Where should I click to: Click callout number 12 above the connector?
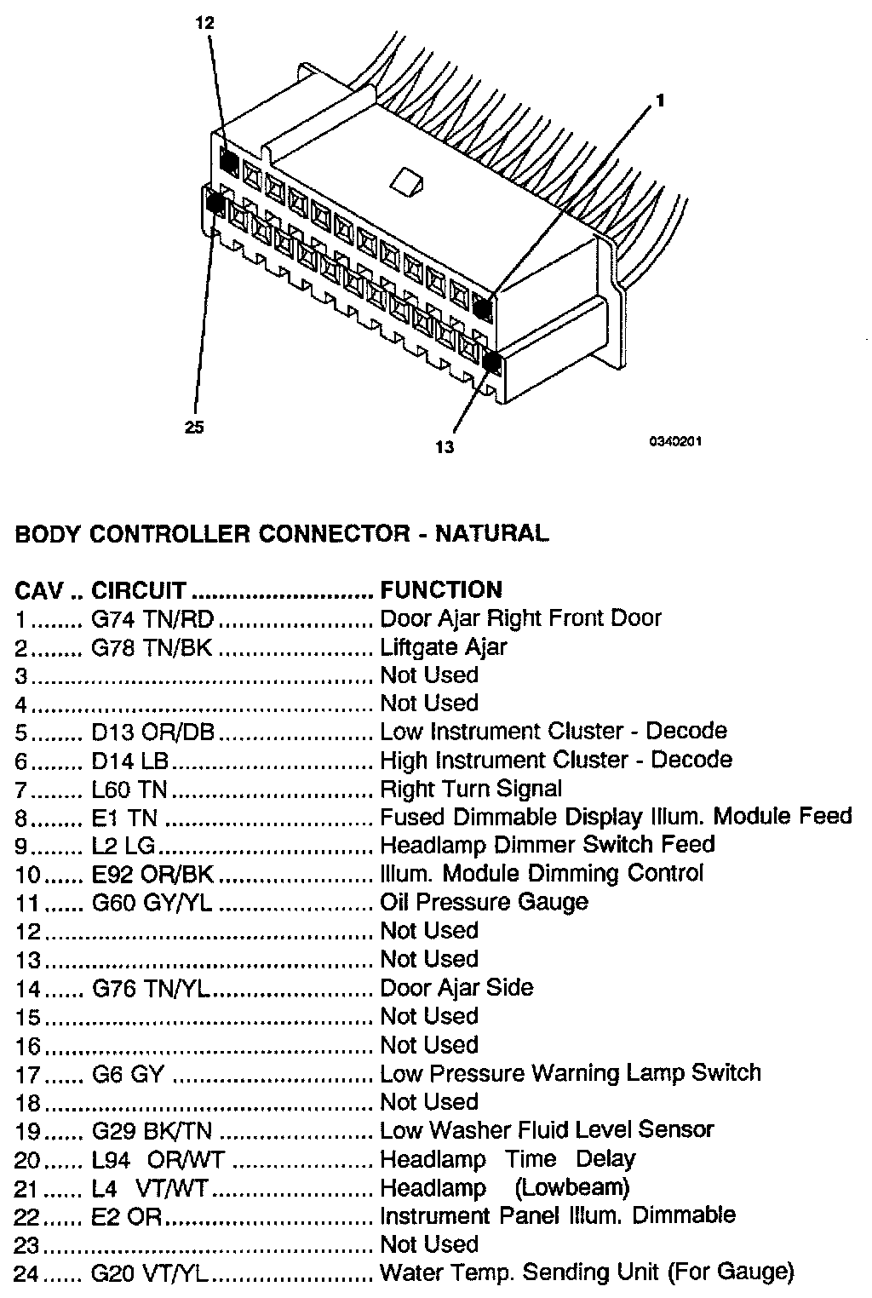(205, 24)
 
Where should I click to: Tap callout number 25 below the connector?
(194, 428)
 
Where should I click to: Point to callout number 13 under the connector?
(445, 446)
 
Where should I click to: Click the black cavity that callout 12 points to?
(229, 158)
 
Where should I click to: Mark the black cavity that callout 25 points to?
(215, 203)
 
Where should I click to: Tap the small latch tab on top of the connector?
(407, 179)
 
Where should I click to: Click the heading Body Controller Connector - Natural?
(282, 534)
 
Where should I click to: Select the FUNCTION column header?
(441, 589)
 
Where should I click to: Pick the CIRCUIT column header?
(138, 589)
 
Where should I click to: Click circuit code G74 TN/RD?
(152, 618)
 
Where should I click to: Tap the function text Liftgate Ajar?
(443, 647)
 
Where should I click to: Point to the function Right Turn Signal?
(471, 789)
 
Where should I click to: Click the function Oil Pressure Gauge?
(484, 902)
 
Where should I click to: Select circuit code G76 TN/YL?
(151, 988)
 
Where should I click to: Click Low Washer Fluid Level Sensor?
(547, 1130)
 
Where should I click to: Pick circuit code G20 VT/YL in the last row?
(151, 1273)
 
